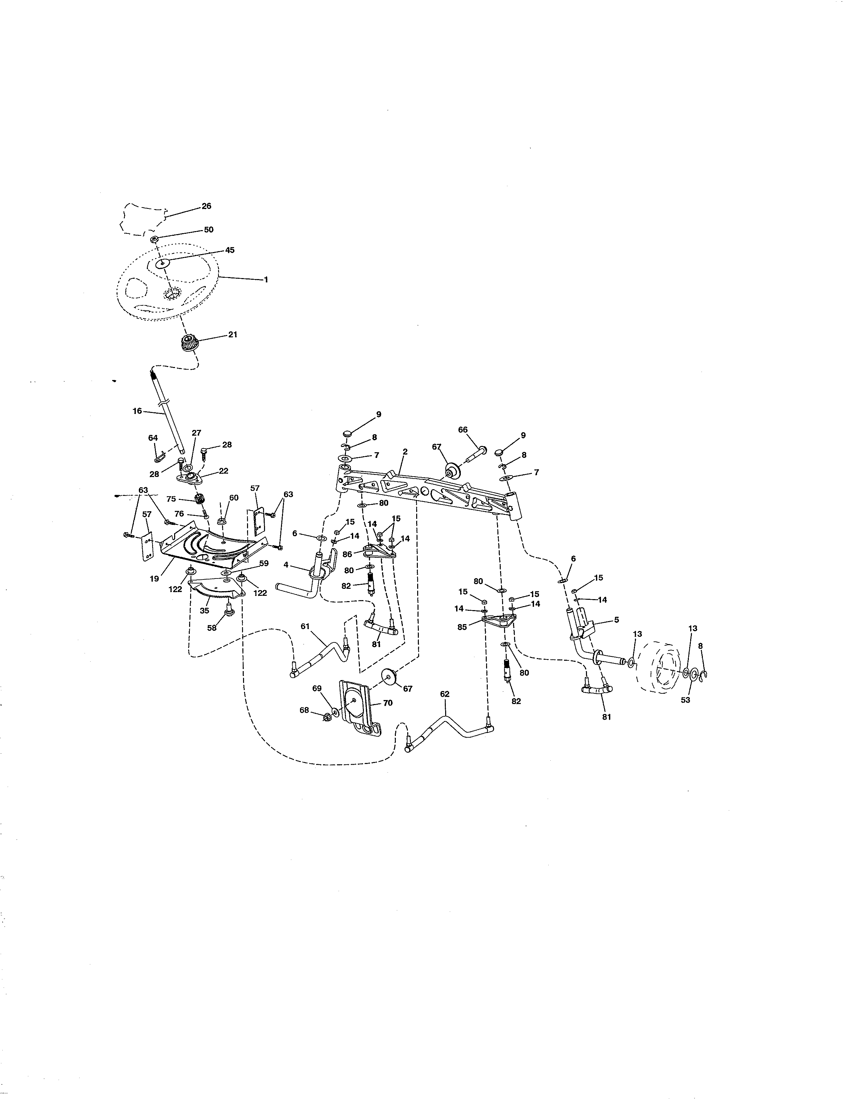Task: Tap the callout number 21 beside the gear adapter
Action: (x=232, y=334)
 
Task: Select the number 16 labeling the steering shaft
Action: (x=137, y=411)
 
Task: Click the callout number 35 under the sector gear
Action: (x=204, y=610)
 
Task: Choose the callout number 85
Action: (x=462, y=627)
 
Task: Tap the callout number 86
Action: (x=347, y=554)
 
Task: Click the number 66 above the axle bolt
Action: (x=463, y=429)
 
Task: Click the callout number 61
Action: (x=305, y=626)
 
